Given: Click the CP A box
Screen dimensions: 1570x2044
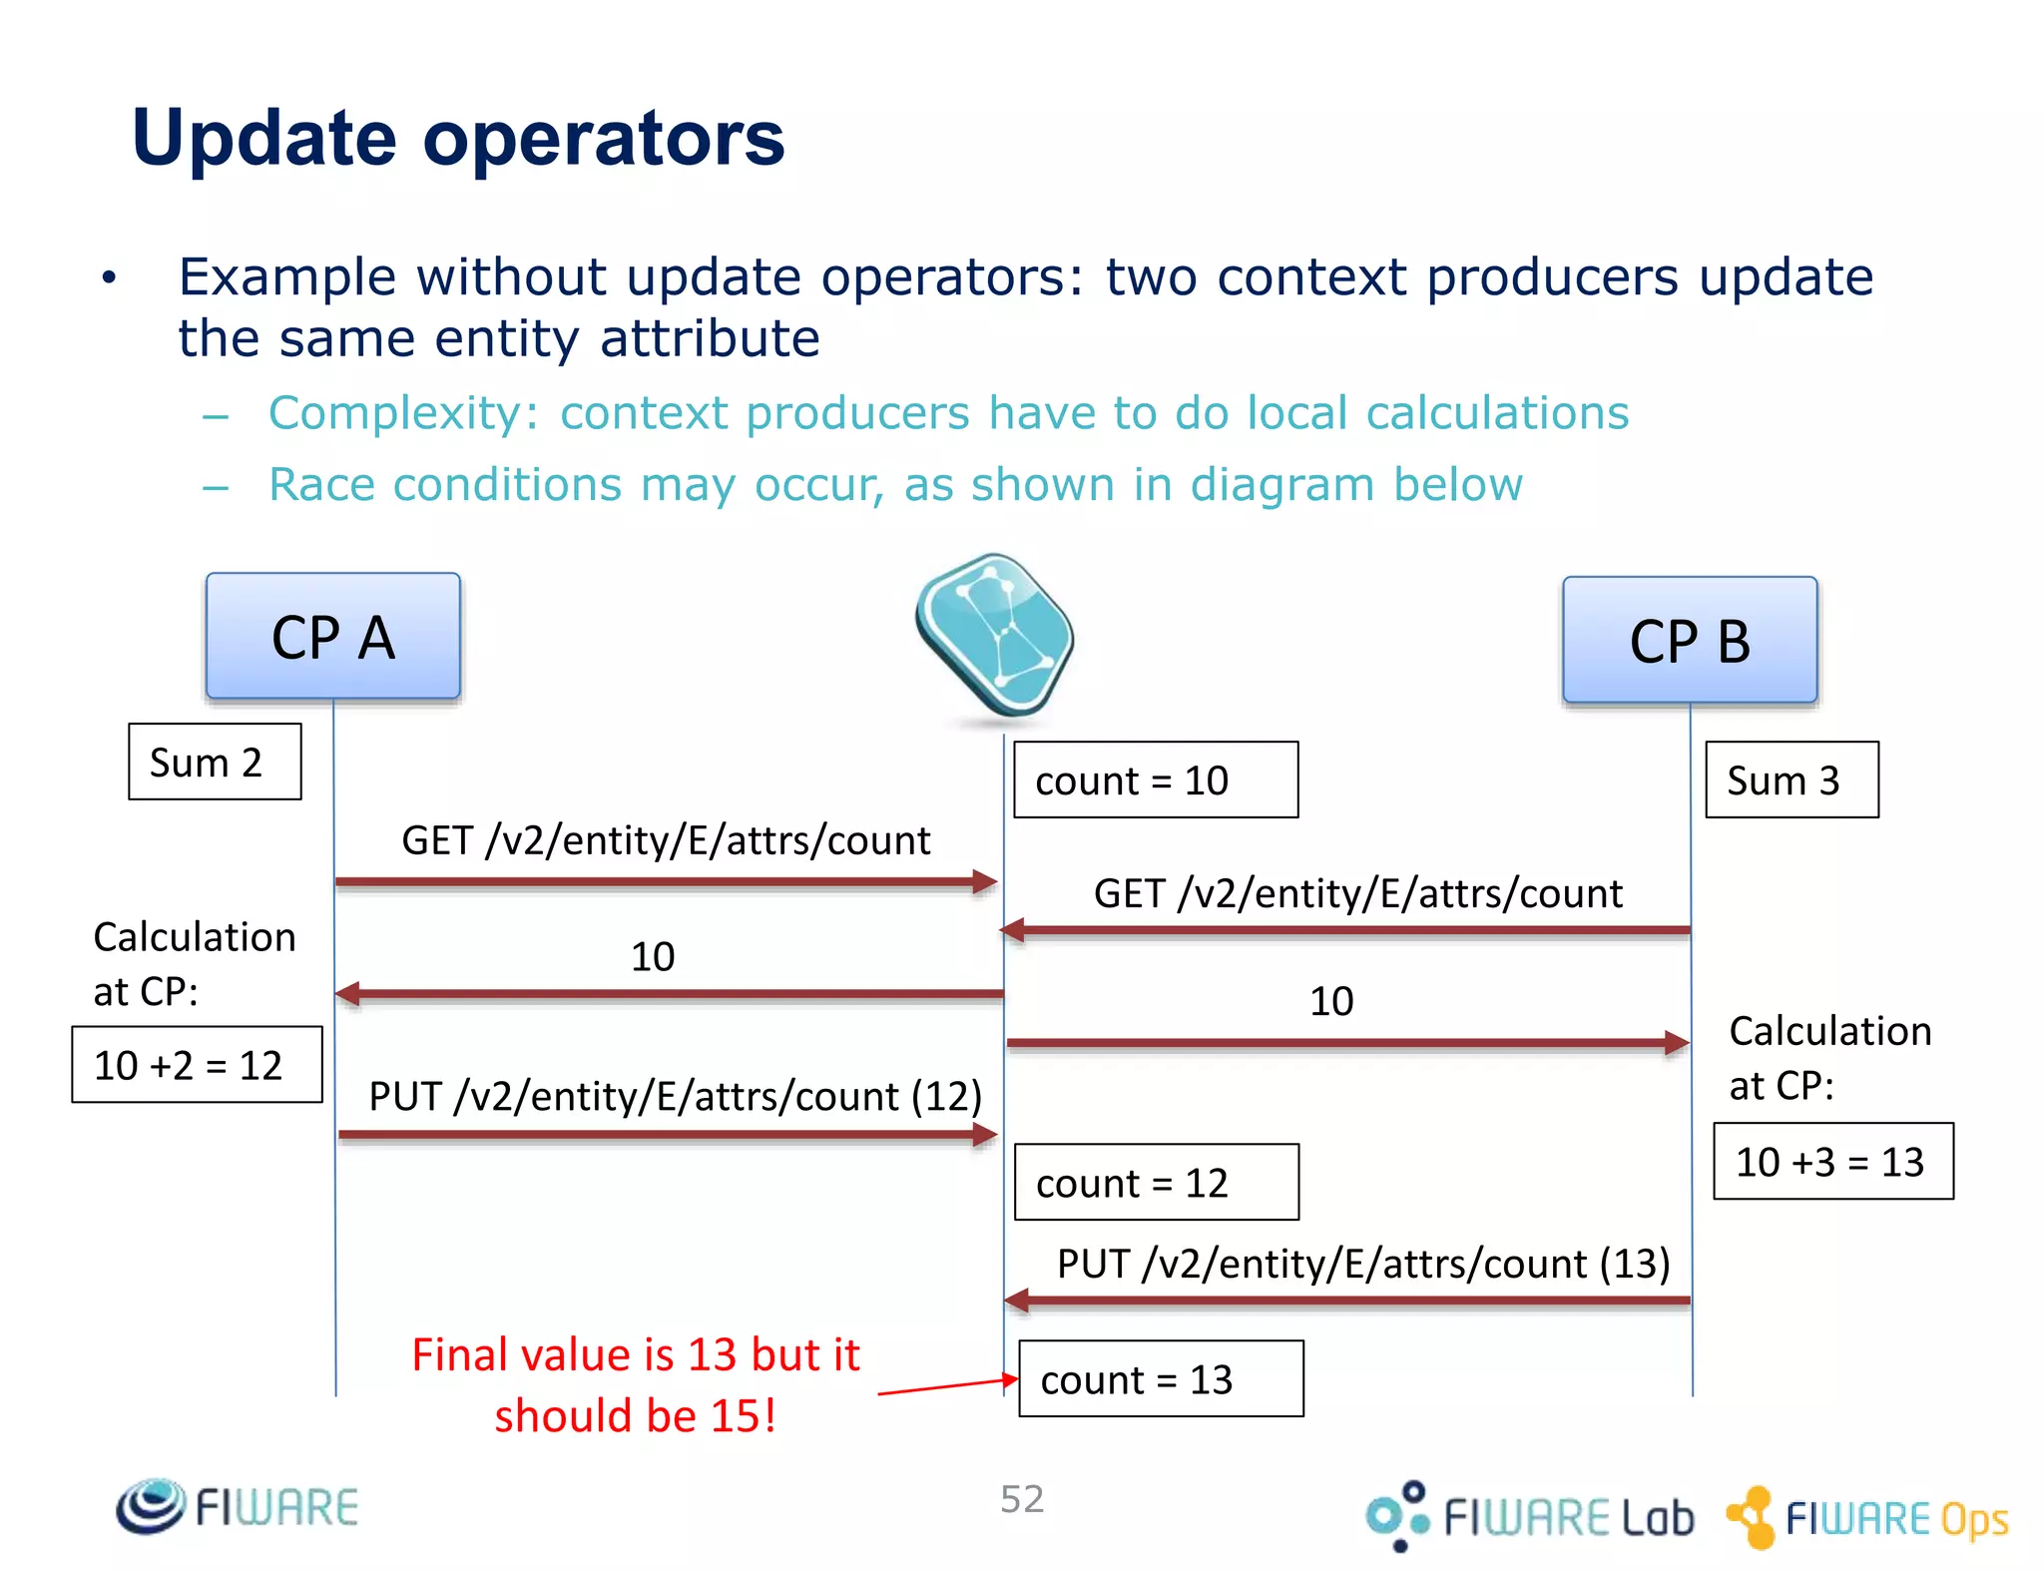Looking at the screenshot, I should (332, 636).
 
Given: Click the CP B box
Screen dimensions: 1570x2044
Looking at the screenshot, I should (1689, 640).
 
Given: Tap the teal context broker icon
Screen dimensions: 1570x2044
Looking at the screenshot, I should (994, 634).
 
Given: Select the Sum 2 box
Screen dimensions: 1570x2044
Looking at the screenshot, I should (215, 762).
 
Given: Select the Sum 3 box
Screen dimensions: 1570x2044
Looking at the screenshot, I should (1790, 780).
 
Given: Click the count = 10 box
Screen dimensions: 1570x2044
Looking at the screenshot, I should (1155, 780).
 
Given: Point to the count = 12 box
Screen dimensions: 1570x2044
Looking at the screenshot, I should (1156, 1182).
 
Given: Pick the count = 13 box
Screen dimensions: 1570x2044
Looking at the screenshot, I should (1160, 1378).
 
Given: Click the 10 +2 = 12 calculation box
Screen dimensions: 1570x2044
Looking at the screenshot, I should (197, 1064).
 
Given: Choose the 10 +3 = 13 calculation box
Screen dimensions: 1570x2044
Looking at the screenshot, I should (1832, 1161).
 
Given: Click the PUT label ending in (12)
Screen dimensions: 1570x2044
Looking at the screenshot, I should (675, 1096).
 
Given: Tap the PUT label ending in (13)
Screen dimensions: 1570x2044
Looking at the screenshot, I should (1362, 1264).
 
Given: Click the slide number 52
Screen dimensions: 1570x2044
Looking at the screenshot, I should (1022, 1498).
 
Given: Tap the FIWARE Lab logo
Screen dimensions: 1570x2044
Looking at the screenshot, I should (1530, 1516).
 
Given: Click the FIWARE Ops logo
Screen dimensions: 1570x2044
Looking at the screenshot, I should (1867, 1517).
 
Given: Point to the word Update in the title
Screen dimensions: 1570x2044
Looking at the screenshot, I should (263, 139).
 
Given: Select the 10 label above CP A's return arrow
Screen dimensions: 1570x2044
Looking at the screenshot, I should (653, 956).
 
